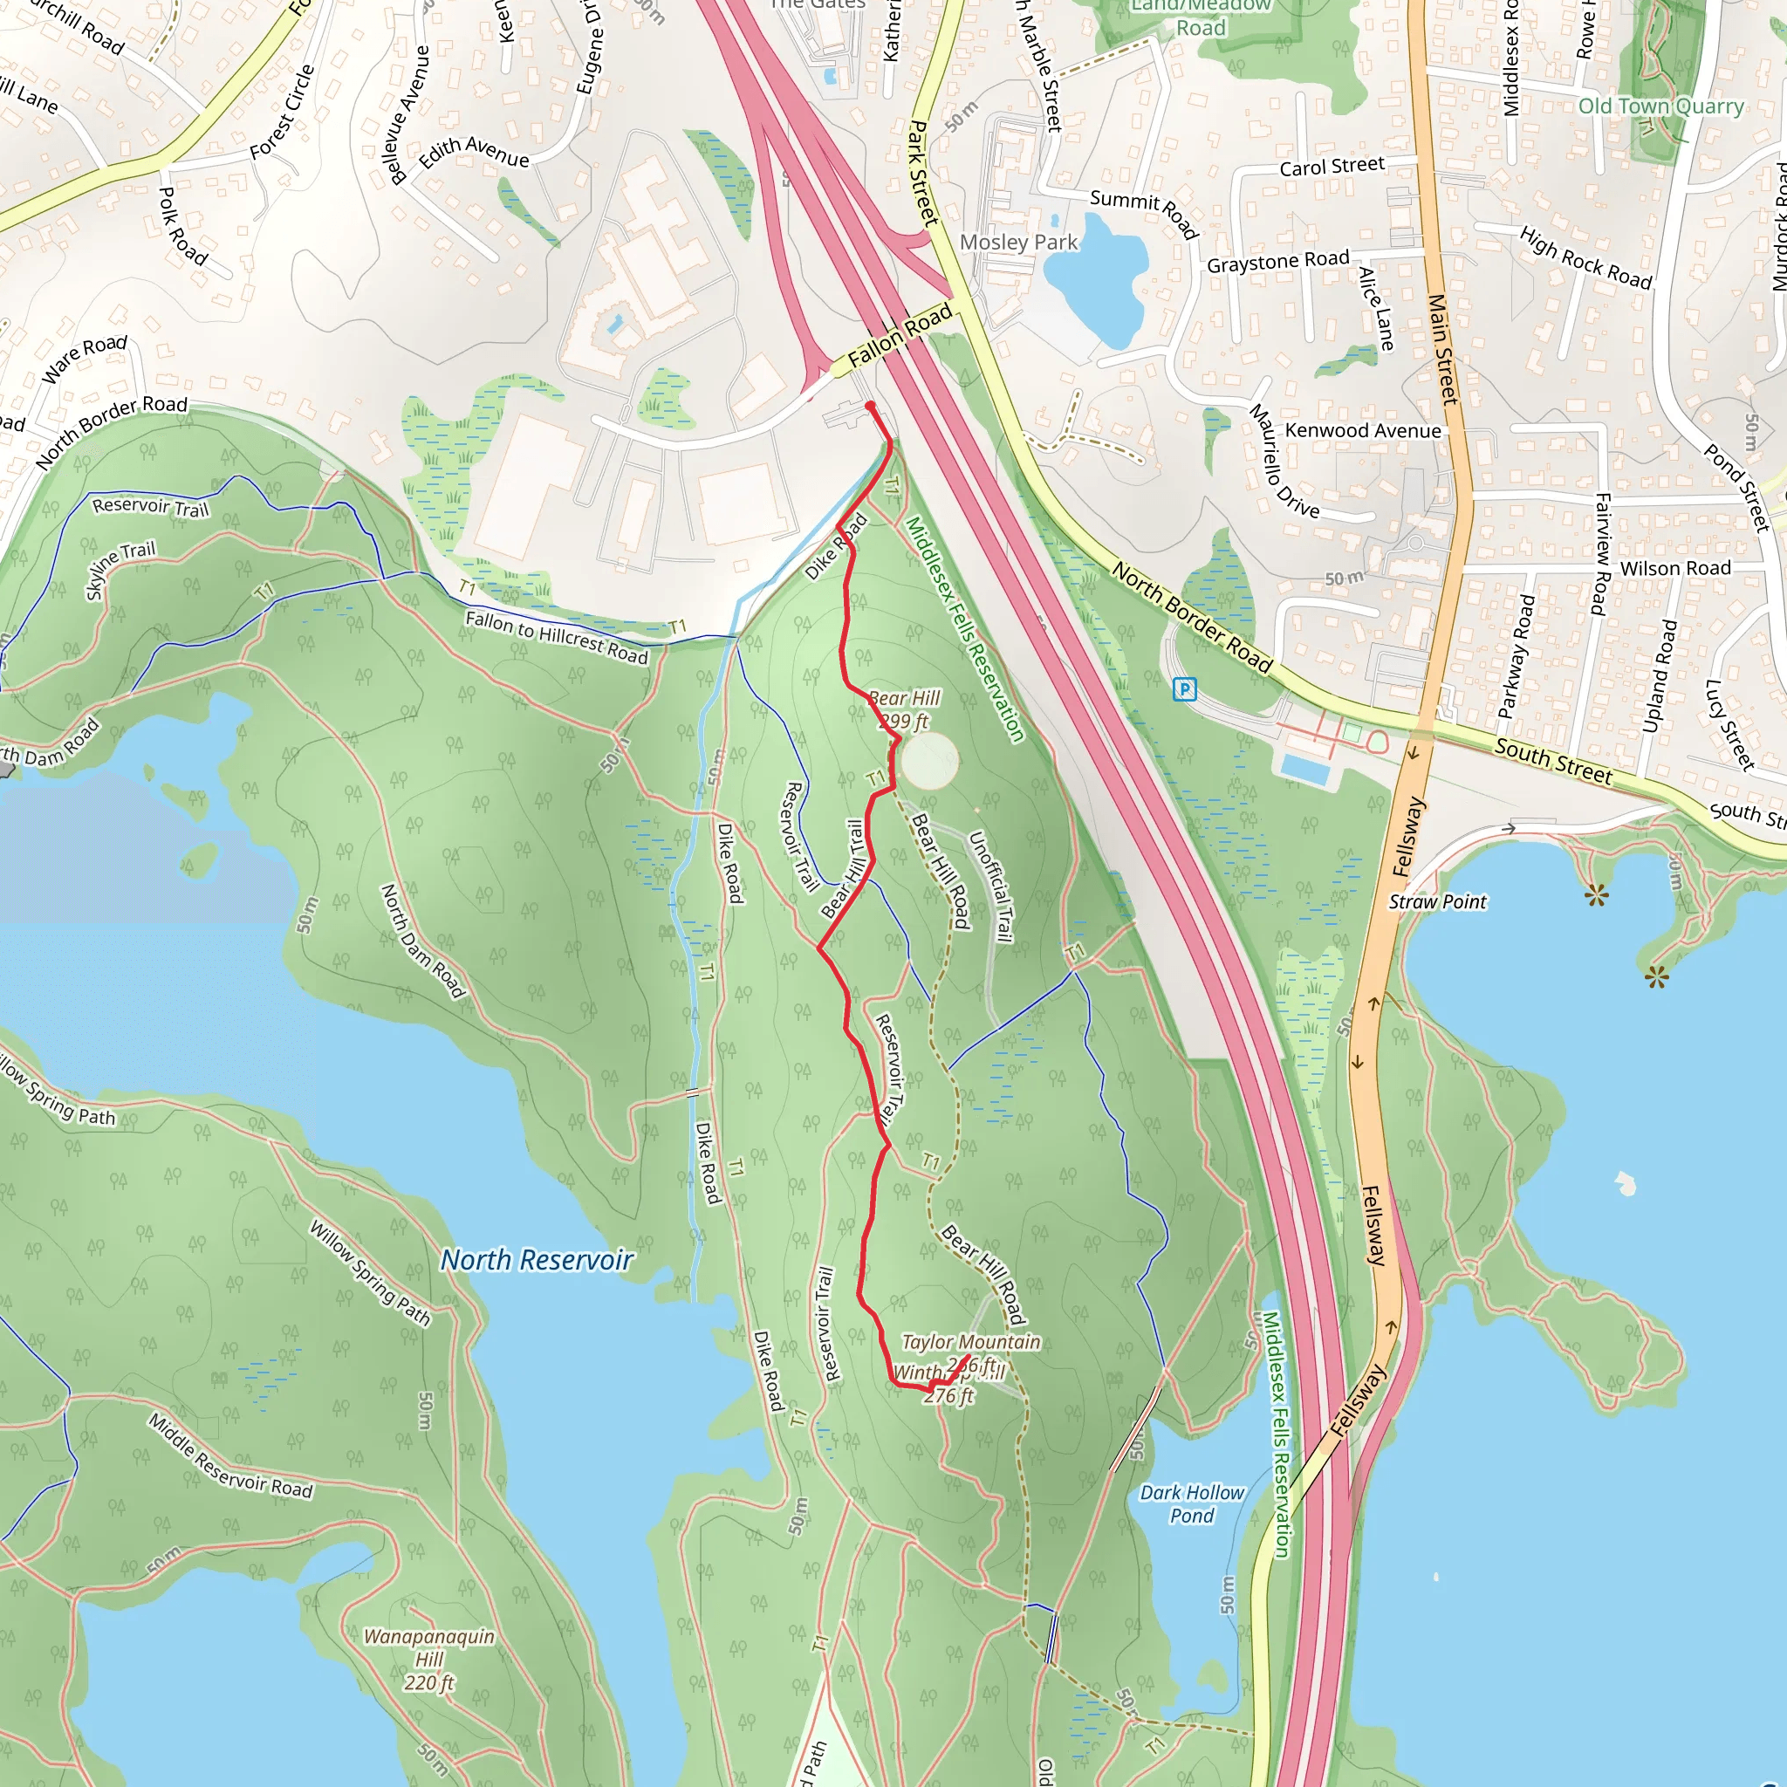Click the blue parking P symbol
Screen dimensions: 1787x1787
click(1185, 689)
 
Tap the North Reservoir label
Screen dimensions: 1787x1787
click(537, 1260)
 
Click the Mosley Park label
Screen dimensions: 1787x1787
click(1018, 243)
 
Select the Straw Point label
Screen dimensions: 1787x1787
click(1437, 902)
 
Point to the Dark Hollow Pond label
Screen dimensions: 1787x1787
click(1191, 1503)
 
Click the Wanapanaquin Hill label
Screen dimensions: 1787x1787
click(428, 1660)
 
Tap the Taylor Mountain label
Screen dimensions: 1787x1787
click(970, 1342)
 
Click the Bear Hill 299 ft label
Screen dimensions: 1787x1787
click(904, 709)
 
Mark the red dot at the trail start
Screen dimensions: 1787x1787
click(870, 406)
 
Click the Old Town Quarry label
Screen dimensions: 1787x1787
click(1660, 106)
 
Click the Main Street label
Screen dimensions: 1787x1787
click(1442, 349)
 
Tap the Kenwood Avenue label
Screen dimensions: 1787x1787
click(1362, 431)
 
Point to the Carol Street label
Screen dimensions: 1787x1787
click(1332, 167)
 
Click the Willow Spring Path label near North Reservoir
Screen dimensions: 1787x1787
click(369, 1273)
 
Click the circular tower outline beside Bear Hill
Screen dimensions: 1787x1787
click(928, 760)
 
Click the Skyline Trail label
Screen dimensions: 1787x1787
click(120, 570)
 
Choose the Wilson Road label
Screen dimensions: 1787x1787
click(1675, 569)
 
